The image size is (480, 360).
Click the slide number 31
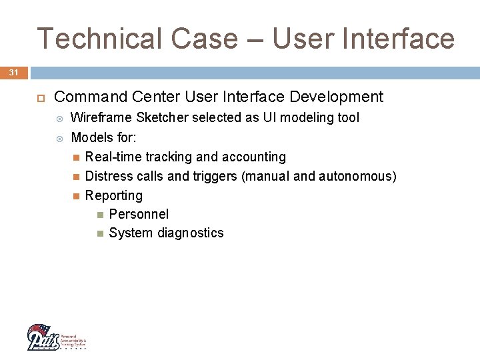pos(13,72)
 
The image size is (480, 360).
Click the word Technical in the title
pos(99,39)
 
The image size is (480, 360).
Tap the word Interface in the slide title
pos(399,39)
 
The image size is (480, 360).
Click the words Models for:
pos(103,137)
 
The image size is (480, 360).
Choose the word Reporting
pos(114,196)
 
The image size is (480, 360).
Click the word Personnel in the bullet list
pos(139,215)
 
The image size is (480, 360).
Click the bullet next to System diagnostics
pos(99,233)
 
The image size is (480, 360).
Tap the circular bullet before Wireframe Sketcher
pos(60,119)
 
